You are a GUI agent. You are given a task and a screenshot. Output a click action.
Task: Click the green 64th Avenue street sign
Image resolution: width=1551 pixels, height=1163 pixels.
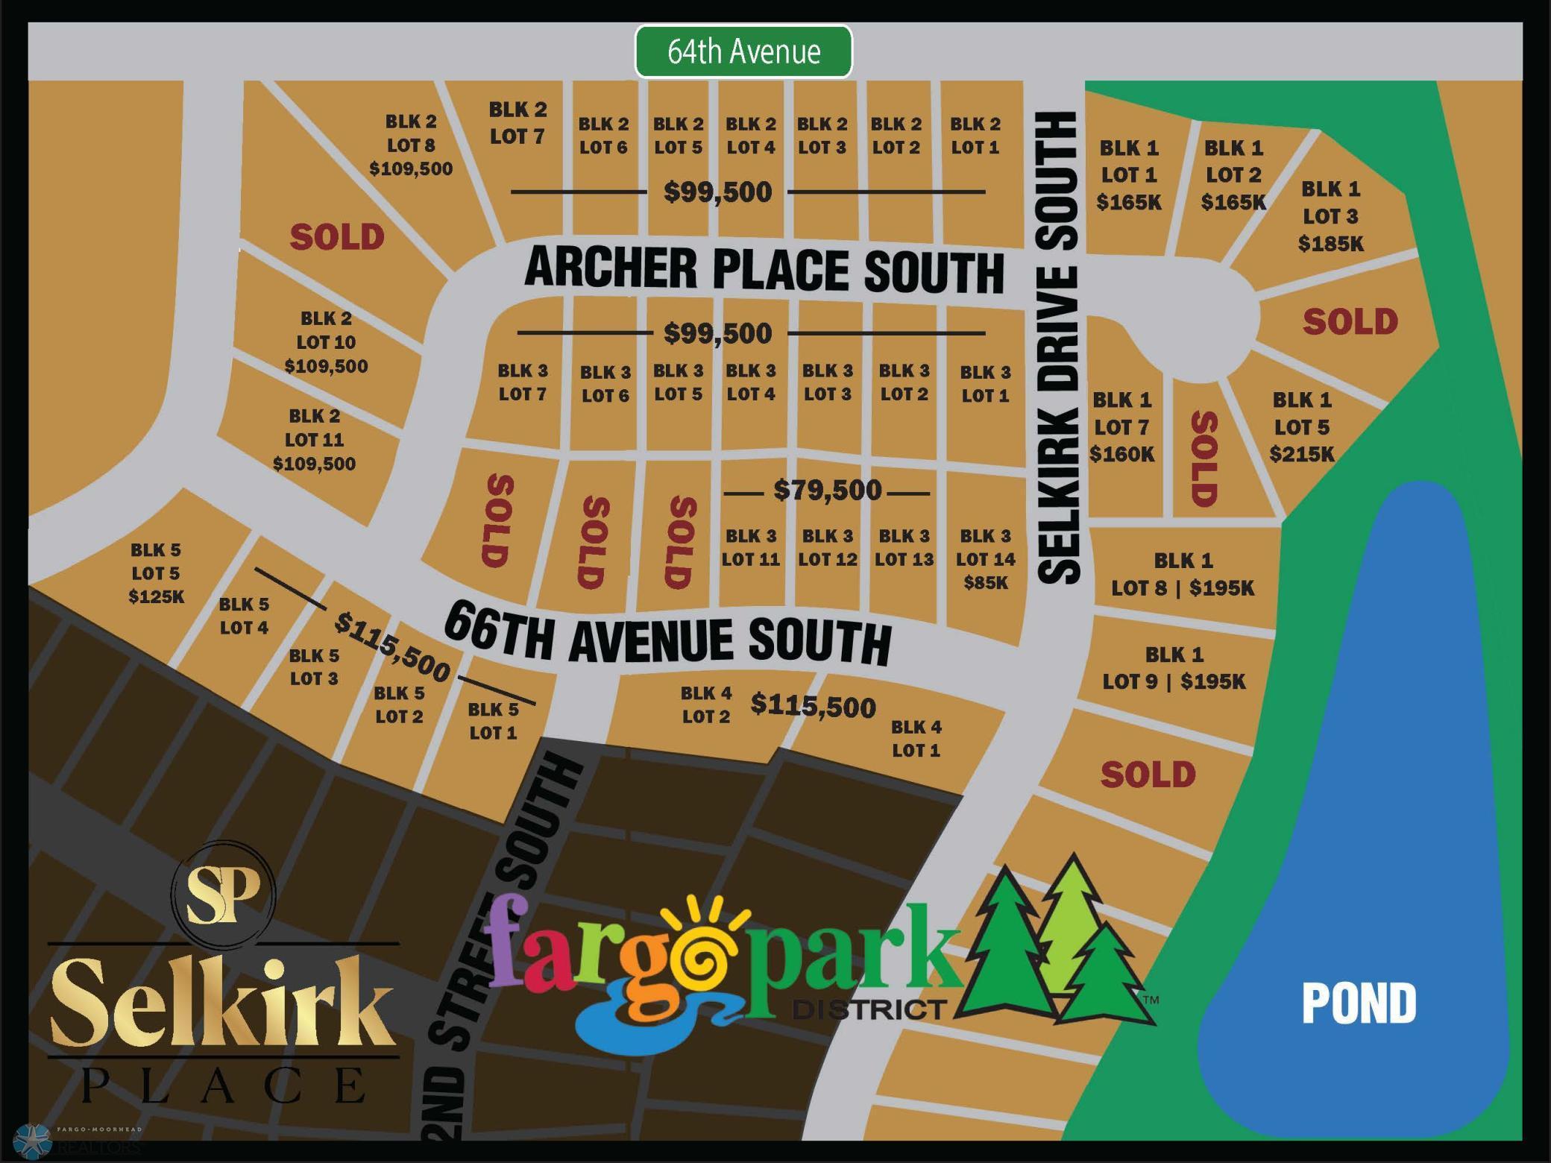pos(743,51)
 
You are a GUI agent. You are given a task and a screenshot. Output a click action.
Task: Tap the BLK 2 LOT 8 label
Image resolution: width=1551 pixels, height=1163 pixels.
pos(411,133)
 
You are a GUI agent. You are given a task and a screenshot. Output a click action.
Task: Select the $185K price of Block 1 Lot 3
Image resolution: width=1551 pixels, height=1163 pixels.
pos(1331,244)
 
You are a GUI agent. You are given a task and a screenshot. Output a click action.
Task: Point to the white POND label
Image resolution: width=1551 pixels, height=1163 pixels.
pos(1359,1003)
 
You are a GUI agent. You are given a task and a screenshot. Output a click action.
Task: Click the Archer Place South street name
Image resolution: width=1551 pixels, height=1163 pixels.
pos(764,269)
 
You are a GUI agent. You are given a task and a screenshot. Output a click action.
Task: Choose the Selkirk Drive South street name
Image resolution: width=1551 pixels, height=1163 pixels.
pos(1058,347)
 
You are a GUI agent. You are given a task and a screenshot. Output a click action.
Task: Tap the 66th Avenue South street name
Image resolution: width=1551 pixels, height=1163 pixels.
pos(667,634)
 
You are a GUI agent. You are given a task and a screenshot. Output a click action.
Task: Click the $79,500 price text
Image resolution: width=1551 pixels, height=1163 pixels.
pos(827,491)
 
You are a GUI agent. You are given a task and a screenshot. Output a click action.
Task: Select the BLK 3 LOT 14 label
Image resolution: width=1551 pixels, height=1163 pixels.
pos(986,548)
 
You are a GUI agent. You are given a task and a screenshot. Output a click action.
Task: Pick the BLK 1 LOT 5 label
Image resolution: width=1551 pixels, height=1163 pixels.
pos(1303,414)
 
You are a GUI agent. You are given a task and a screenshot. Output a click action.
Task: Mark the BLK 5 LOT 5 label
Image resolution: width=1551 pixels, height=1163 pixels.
pos(156,561)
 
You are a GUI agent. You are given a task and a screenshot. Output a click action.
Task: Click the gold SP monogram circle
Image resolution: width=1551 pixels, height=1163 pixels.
pos(223,893)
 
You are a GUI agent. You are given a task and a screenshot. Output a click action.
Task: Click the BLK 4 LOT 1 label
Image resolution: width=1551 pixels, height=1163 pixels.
pos(916,738)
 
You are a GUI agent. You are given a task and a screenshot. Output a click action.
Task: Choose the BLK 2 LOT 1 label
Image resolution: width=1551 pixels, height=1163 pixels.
pos(975,136)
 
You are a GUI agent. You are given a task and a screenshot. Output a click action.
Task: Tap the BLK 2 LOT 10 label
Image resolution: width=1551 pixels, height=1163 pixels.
pos(327,330)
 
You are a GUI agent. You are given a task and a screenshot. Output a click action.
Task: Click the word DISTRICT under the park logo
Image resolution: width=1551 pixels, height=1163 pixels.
pos(869,1010)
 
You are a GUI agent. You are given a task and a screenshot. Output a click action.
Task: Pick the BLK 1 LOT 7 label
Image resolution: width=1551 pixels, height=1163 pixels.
pos(1122,414)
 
